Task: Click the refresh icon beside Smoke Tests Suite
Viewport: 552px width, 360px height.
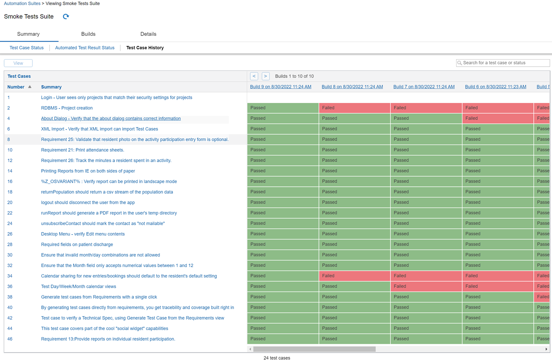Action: [66, 17]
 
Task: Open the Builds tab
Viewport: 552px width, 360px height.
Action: [88, 34]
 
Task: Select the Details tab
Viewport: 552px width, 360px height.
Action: [148, 34]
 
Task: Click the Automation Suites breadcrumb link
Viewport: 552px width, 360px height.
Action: [22, 3]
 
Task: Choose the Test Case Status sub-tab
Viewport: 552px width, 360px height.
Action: [27, 48]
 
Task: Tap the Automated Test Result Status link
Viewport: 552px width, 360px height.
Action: [85, 48]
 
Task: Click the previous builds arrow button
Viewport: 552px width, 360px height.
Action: [254, 76]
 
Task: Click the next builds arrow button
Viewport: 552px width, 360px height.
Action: [266, 76]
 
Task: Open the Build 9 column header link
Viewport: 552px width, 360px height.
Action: [281, 87]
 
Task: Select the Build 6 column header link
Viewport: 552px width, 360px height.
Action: [495, 87]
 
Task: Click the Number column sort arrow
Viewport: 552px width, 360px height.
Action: [30, 87]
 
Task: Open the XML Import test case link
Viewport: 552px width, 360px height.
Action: [99, 129]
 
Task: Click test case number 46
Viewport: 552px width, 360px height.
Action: [10, 339]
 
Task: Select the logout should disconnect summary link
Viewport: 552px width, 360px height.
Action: [88, 202]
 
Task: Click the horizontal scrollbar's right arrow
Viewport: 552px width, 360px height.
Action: [546, 349]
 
